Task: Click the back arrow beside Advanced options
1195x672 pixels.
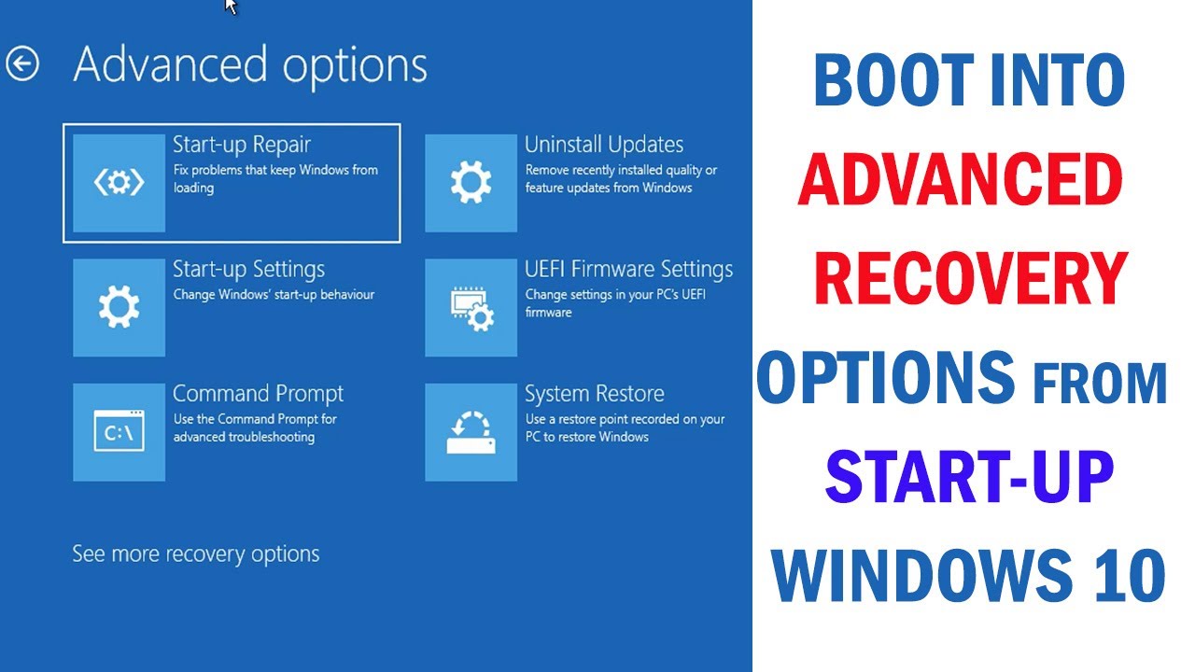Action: coord(22,64)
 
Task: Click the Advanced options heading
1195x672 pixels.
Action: coord(250,65)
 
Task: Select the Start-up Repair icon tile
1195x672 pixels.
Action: coord(119,183)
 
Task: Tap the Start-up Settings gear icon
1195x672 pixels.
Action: coord(119,307)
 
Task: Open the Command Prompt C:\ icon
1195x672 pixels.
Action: coord(119,431)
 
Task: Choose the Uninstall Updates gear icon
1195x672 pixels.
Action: coord(471,183)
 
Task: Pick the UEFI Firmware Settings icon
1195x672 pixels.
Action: coord(471,307)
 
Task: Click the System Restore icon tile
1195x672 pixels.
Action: coord(471,431)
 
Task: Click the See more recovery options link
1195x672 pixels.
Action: coord(196,553)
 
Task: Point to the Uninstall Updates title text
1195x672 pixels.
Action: coord(604,145)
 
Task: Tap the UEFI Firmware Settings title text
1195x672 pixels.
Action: coord(628,269)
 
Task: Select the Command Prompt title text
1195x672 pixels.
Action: coord(258,393)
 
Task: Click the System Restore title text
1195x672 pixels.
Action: coord(595,393)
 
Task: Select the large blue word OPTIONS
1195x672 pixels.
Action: coord(886,378)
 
